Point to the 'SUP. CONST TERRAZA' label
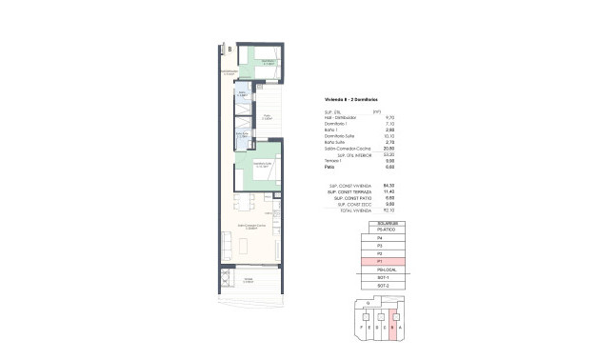pyautogui.click(x=349, y=191)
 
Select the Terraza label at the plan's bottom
pyautogui.click(x=249, y=279)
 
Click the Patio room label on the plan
pyautogui.click(x=268, y=116)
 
